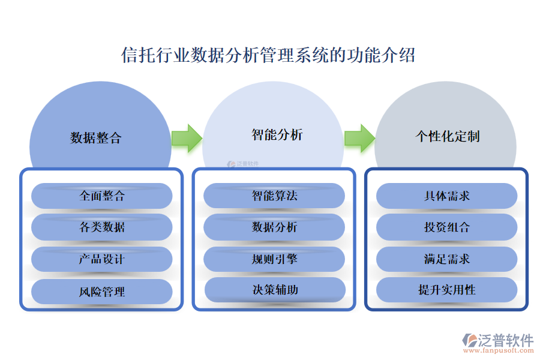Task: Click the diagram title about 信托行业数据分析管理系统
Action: tap(268, 55)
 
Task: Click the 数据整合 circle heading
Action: tap(96, 137)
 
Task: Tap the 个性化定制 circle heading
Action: tap(448, 136)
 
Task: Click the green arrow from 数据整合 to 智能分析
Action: tap(187, 138)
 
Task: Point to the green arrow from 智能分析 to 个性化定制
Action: tap(359, 138)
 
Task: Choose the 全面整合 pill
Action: tap(102, 196)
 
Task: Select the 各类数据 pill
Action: tap(102, 227)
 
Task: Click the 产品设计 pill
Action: tap(102, 259)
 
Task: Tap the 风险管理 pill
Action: tap(102, 292)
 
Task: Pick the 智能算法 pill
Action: tap(274, 196)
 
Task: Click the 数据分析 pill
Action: tap(274, 227)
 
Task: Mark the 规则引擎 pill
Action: tap(274, 259)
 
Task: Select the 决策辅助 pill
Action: tap(275, 290)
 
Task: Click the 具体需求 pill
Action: tap(447, 196)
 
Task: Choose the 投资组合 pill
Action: tap(447, 227)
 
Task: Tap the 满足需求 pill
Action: tap(447, 259)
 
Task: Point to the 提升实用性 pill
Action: tap(447, 290)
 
